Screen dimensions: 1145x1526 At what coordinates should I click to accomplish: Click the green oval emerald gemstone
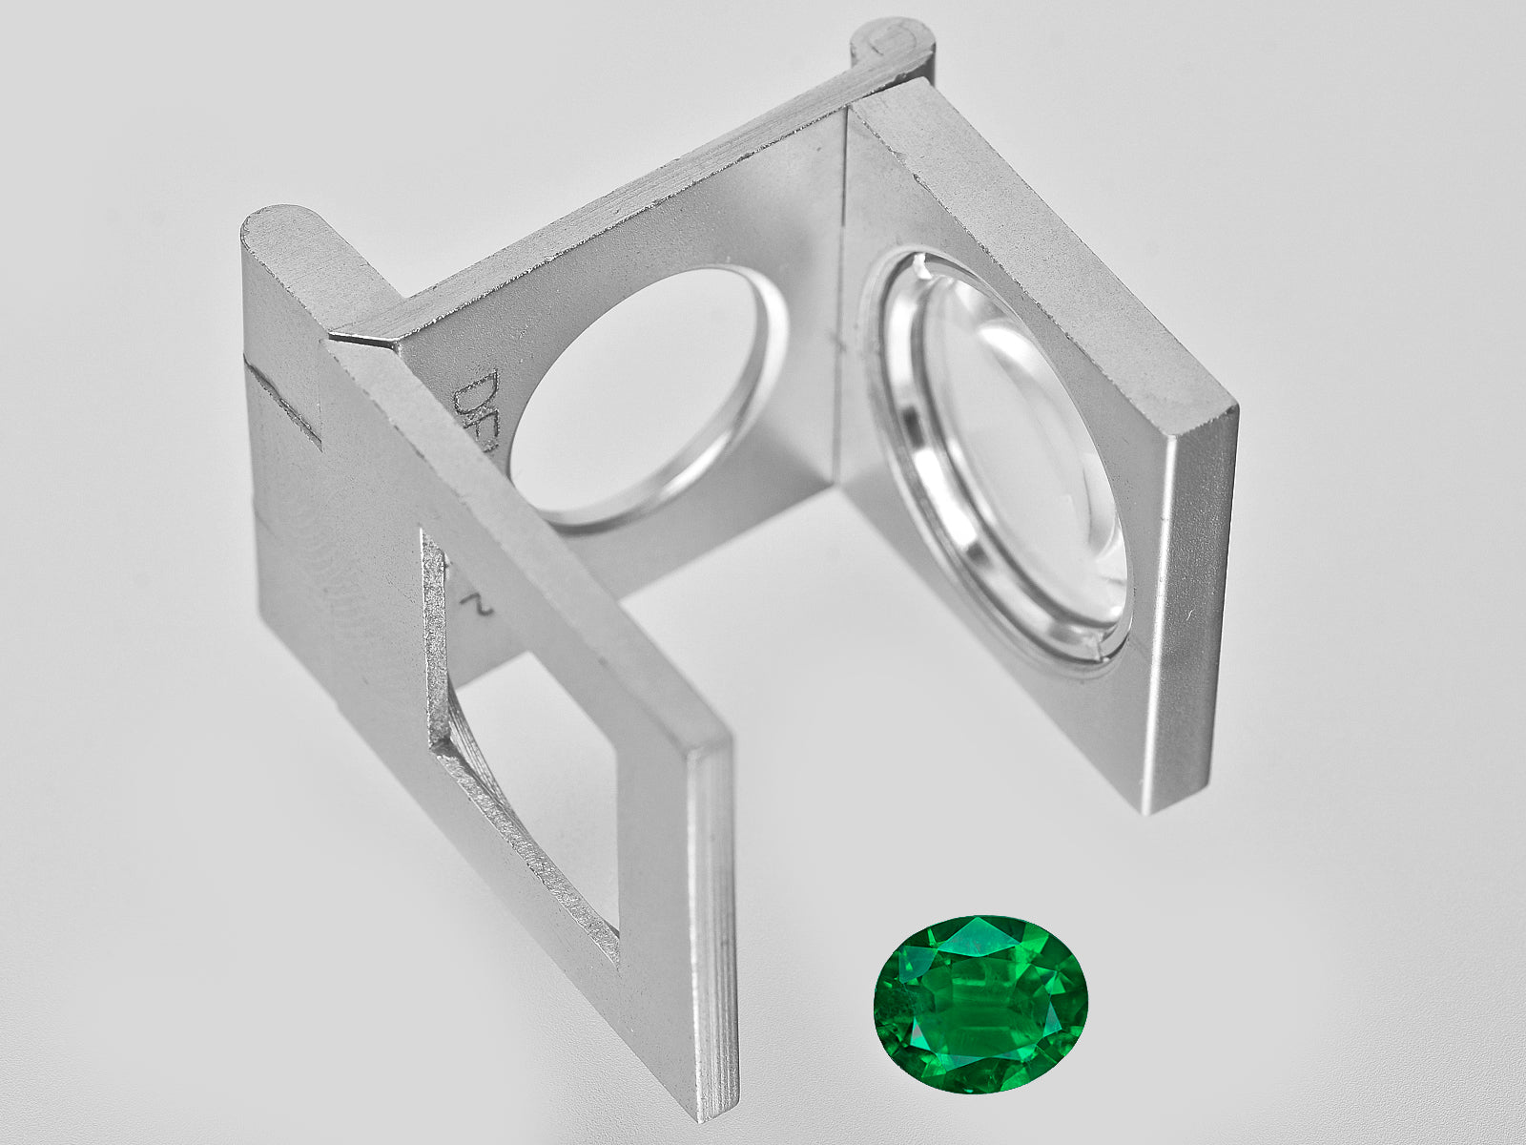point(980,1005)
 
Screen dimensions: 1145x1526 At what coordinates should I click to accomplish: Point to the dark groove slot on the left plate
point(282,402)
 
